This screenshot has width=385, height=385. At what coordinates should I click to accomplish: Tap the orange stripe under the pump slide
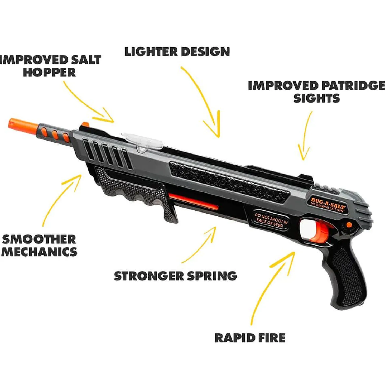pyautogui.click(x=193, y=201)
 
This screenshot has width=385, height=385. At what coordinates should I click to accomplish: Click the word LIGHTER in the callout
pyautogui.click(x=151, y=51)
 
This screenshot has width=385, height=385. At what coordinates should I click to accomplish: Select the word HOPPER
pyautogui.click(x=50, y=72)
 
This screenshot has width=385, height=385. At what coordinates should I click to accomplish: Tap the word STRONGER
pyautogui.click(x=149, y=276)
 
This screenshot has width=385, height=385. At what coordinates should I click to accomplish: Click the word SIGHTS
pyautogui.click(x=317, y=98)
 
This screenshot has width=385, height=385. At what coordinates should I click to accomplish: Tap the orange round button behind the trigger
pyautogui.click(x=349, y=225)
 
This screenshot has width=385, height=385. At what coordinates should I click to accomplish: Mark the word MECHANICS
pyautogui.click(x=39, y=252)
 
